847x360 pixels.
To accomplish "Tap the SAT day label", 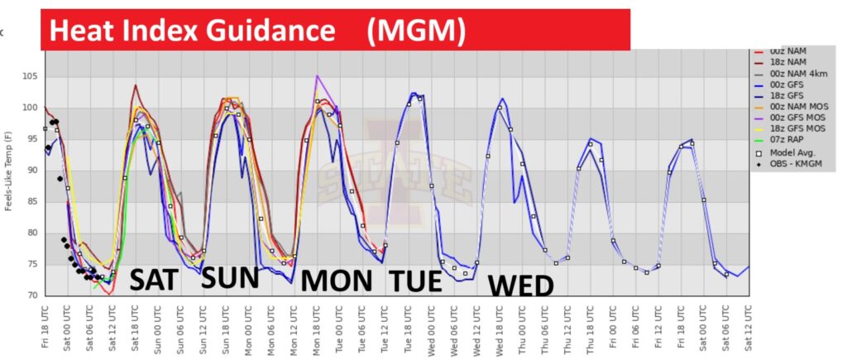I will (153, 280).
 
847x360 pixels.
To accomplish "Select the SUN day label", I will (231, 277).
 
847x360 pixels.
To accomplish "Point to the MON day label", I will (336, 281).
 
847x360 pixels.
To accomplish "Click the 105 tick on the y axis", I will (31, 76).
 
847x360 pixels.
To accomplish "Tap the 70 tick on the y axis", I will (33, 295).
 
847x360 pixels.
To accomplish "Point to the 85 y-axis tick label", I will (33, 201).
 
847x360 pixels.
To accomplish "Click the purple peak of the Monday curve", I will (317, 76).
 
